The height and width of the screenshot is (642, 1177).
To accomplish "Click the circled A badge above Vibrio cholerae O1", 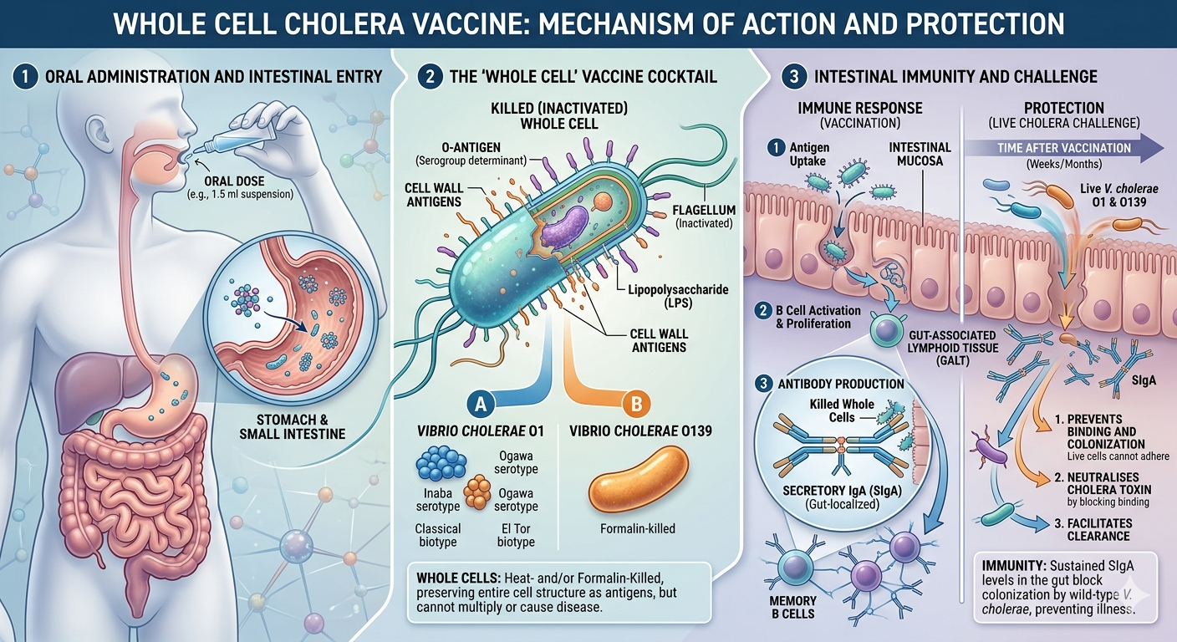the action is pos(481,404).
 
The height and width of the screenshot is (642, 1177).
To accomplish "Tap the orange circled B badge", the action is pos(636,404).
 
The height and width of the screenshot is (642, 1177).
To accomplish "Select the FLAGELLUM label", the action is pos(704,210).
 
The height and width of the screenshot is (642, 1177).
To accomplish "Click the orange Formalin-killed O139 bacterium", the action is pos(638,479).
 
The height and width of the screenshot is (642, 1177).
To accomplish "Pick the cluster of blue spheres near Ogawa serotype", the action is pos(441,463).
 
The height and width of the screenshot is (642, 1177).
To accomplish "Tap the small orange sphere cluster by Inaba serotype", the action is pos(477,492).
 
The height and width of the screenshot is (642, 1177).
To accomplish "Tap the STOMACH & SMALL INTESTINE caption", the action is pos(292,426).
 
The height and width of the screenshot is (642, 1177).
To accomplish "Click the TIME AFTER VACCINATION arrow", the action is pos(1064,148).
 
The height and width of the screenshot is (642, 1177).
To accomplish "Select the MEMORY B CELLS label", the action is pos(793,607).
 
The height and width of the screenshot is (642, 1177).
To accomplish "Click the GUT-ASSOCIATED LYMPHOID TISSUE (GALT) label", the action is pos(952,347).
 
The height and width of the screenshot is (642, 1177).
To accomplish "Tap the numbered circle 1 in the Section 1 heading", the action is pos(25,77).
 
